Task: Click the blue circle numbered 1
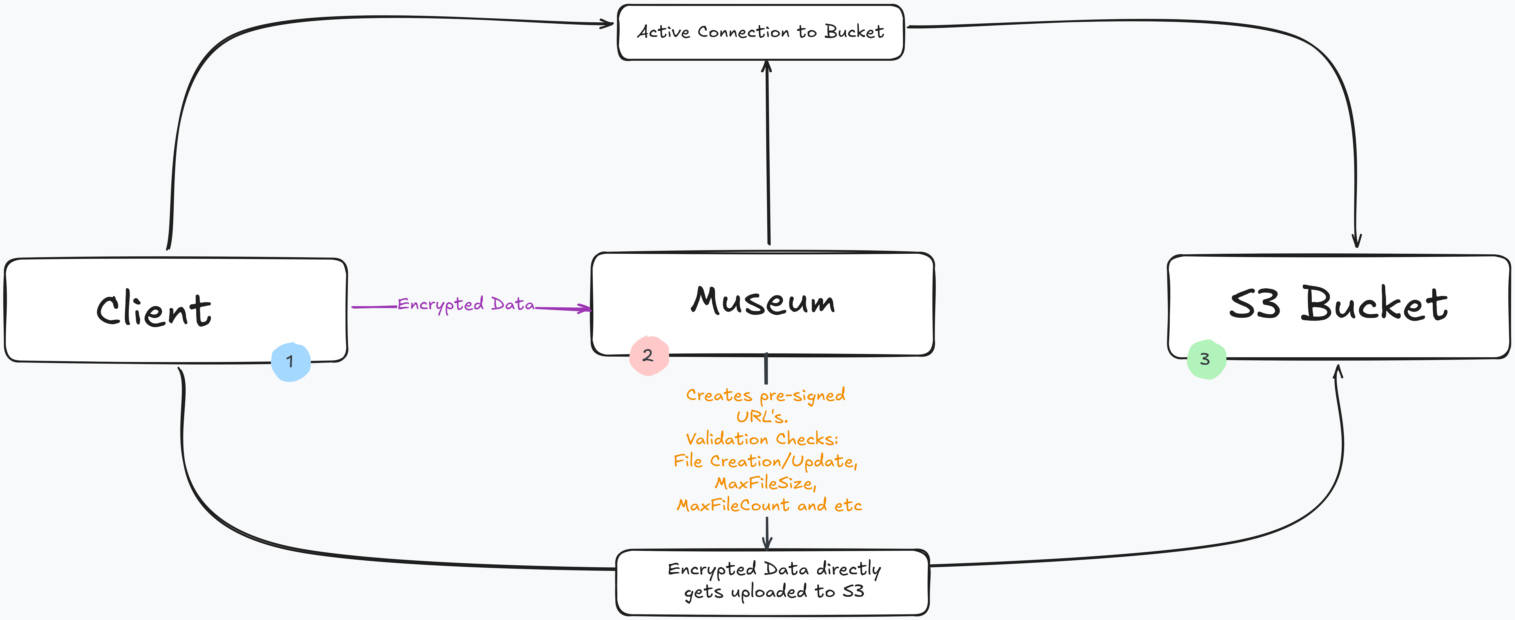(x=291, y=362)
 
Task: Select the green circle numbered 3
(x=1206, y=359)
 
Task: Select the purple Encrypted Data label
(x=466, y=304)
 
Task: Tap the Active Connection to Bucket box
(x=760, y=32)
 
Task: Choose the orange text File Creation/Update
(x=765, y=461)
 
